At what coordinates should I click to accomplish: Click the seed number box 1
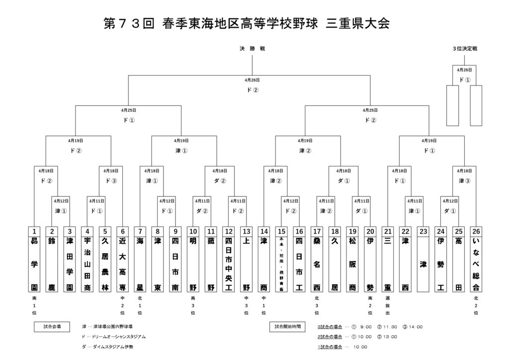[x=34, y=231]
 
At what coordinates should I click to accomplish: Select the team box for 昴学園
[x=34, y=264]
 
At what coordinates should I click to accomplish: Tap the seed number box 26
[x=476, y=231]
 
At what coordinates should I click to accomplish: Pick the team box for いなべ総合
[x=476, y=264]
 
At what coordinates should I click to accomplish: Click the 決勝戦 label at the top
[x=252, y=48]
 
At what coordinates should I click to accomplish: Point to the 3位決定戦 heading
[x=465, y=48]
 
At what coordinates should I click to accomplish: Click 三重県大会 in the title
[x=358, y=23]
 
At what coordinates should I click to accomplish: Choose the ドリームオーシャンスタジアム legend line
[x=114, y=337]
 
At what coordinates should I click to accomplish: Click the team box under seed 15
[x=282, y=264]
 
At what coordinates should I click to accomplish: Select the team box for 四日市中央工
[x=229, y=264]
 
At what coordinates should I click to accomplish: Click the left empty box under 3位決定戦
[x=452, y=105]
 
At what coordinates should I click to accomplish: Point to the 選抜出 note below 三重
[x=388, y=306]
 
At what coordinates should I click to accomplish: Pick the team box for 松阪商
[x=352, y=264]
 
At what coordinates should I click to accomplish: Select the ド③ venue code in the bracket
[x=111, y=180]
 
